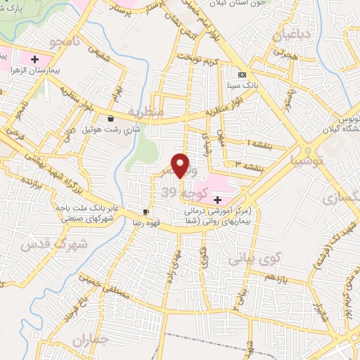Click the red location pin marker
click(x=181, y=165)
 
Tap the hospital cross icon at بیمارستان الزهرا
click(x=34, y=58)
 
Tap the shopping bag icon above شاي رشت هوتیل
click(x=112, y=118)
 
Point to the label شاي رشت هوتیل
click(x=113, y=130)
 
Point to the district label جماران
click(x=88, y=341)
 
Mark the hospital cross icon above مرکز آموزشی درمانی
click(x=217, y=200)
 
